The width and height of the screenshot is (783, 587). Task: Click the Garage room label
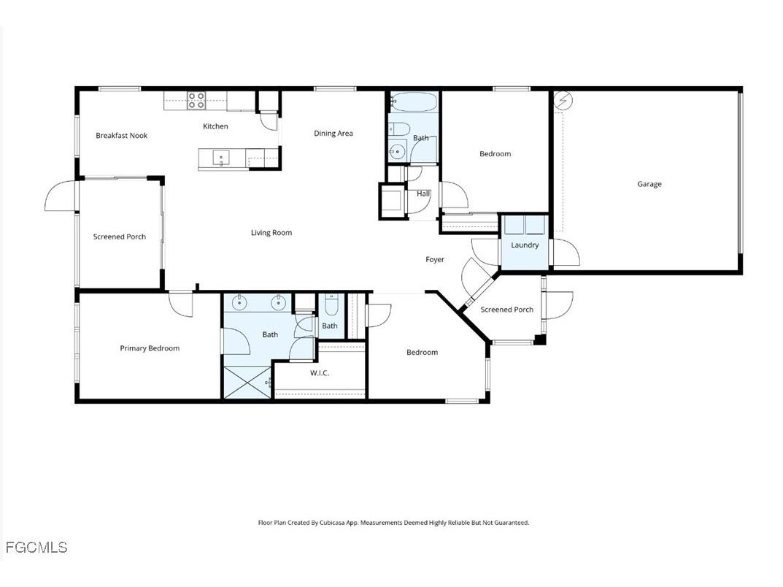coord(649,184)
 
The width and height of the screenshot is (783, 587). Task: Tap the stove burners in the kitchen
coord(196,100)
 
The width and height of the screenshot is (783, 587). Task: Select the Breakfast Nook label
coord(122,135)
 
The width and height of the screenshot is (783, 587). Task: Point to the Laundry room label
coord(525,245)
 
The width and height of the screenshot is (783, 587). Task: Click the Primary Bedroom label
coord(150,348)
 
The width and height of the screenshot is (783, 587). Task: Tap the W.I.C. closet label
coord(320,373)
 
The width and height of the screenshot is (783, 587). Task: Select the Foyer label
coord(435,259)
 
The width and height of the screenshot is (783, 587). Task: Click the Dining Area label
coord(333,134)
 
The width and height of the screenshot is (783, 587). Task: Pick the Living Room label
coord(271,233)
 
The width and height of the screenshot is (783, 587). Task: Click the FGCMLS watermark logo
coord(36,547)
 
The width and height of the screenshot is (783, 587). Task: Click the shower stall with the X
coord(247,382)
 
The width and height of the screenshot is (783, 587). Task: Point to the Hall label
coord(423,194)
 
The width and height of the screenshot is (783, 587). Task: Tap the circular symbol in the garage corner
coord(563,100)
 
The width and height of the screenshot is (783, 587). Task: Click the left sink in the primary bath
coord(239,302)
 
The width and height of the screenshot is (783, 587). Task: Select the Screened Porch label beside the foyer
coord(506,310)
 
